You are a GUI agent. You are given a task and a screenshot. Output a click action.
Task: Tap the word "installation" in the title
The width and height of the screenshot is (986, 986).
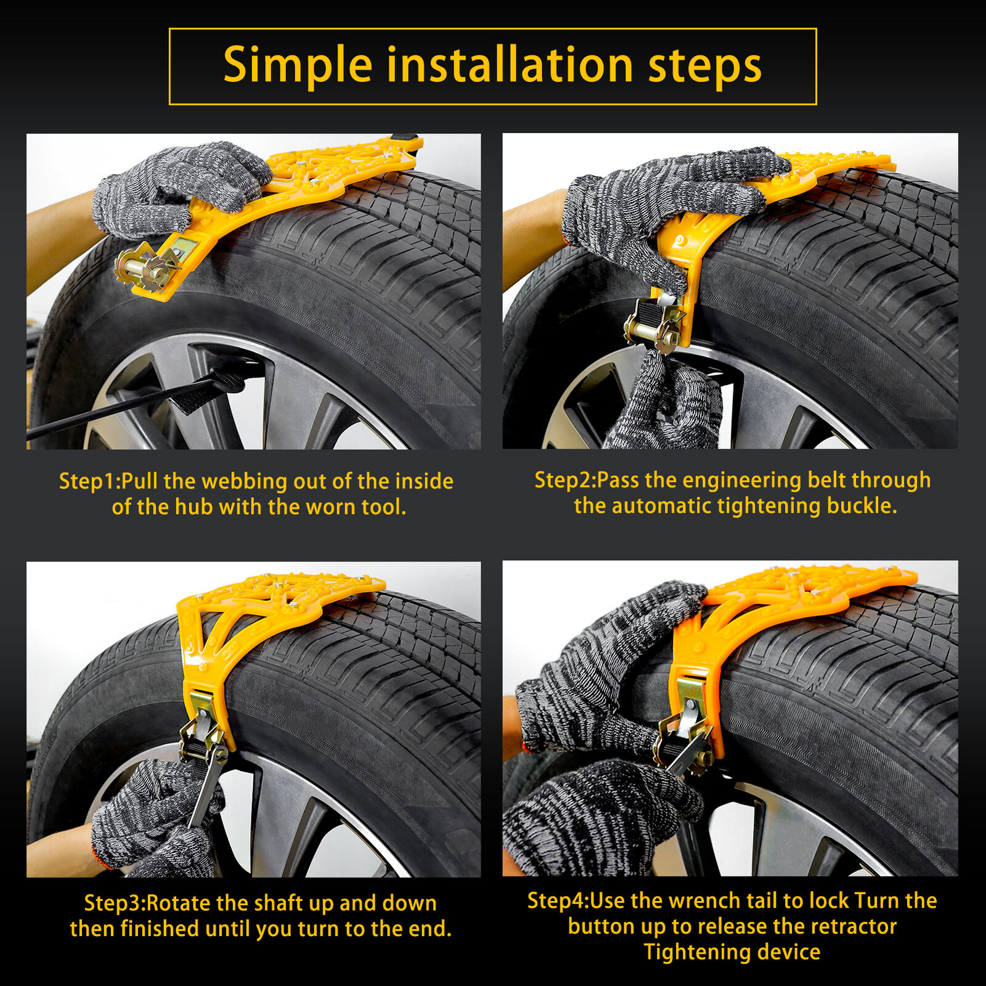(510, 65)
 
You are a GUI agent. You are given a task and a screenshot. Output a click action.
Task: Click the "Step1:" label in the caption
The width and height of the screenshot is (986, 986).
(90, 481)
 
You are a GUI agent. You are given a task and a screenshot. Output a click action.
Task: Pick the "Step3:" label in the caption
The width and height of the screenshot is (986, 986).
(115, 903)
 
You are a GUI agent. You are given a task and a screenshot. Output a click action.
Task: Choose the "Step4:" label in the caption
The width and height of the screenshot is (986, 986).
(558, 901)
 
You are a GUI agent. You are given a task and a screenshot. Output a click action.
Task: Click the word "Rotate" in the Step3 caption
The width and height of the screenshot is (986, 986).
(179, 903)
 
